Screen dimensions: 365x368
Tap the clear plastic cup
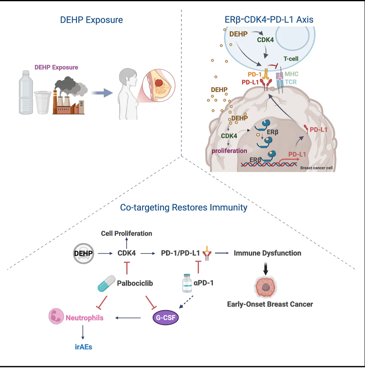pos(43,102)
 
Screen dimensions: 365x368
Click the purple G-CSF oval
pos(166,318)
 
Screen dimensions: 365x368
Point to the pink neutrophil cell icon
pos(56,316)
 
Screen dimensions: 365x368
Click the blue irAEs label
pos(83,347)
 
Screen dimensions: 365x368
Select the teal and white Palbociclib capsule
pos(106,284)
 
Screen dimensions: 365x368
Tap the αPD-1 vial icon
pos(187,283)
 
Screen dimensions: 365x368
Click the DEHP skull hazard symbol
pos(83,253)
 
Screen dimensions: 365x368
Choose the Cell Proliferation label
pos(127,233)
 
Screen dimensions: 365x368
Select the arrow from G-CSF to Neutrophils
pos(128,318)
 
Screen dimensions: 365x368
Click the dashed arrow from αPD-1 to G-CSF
pos(186,302)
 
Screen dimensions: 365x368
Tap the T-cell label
pos(291,59)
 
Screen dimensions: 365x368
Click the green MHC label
pos(291,74)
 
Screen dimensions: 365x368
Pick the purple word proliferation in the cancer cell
pos(229,151)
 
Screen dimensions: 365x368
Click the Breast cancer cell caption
pos(316,168)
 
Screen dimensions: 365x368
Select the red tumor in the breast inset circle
pos(159,83)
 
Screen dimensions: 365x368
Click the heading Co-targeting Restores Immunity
pos(184,207)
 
